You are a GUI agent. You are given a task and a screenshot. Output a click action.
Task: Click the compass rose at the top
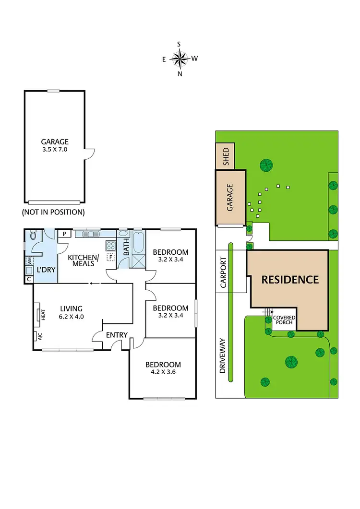coord(179,59)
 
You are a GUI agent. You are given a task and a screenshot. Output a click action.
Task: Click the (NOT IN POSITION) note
coord(53,212)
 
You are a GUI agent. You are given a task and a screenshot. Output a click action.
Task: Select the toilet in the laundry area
coord(33,236)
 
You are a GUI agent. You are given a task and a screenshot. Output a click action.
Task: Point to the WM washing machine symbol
coord(29,261)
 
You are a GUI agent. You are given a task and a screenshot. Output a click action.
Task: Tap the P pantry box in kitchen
coord(64,234)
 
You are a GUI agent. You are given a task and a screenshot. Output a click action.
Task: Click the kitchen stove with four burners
coord(110,246)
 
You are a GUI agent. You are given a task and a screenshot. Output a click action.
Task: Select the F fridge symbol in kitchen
coord(110,257)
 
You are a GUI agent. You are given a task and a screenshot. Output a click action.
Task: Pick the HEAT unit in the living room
coord(39,315)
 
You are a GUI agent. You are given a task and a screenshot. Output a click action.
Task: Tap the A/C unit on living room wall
coord(36,336)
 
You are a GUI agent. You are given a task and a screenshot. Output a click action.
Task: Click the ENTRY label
coord(116,335)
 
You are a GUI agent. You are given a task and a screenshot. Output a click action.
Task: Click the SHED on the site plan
coord(225,155)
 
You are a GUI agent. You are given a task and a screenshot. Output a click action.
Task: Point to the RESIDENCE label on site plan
coord(290,280)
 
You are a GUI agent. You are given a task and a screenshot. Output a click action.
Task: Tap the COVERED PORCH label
coord(284,320)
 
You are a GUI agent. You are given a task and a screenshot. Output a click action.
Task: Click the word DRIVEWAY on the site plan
coord(222,355)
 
